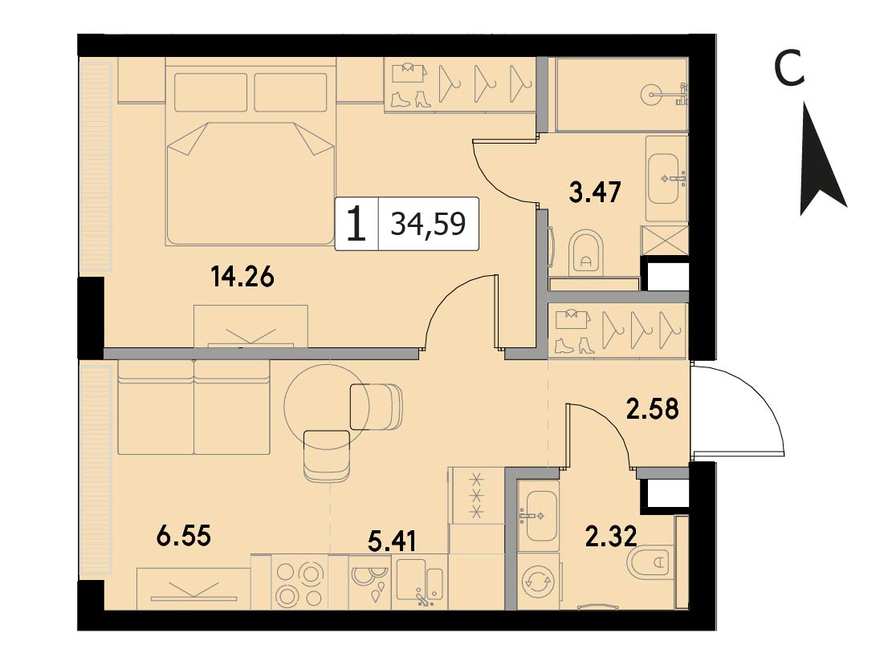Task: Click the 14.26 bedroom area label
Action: tap(242, 277)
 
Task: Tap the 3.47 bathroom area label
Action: tap(595, 192)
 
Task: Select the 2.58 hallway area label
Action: tap(653, 409)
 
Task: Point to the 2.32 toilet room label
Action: tap(611, 536)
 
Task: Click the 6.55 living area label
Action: tap(184, 536)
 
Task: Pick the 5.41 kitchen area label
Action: tap(392, 541)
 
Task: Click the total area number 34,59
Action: tap(429, 224)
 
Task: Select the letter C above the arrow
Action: tap(788, 68)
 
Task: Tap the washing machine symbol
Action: tap(539, 582)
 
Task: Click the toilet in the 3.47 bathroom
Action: tap(586, 253)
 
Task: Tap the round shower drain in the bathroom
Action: tap(654, 95)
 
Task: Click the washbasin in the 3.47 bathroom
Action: tap(666, 179)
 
